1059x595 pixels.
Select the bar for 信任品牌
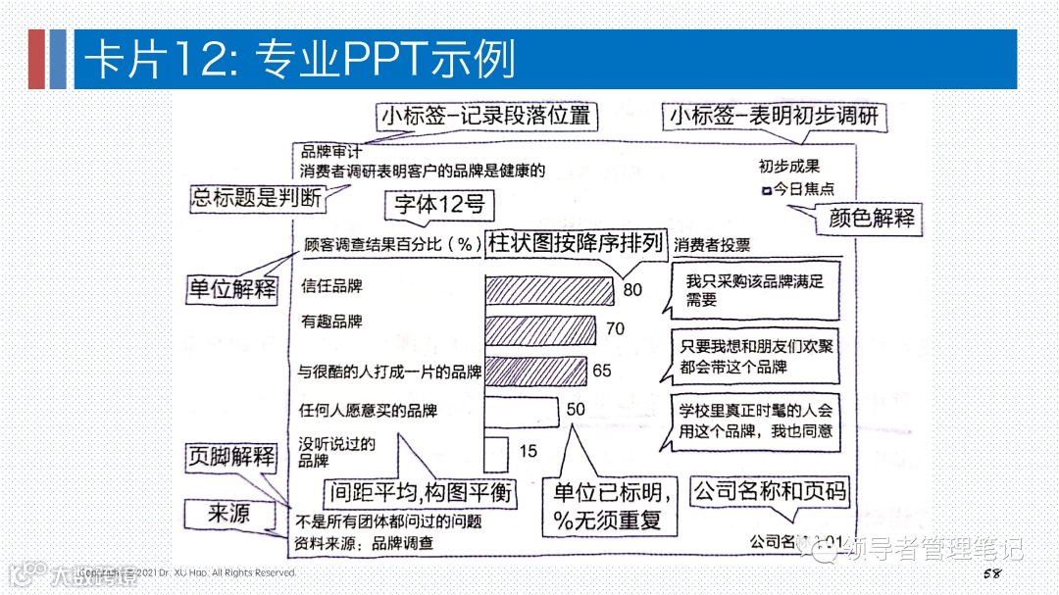(x=549, y=289)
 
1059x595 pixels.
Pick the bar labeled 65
(x=534, y=372)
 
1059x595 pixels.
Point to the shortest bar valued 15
(x=496, y=451)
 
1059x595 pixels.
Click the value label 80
(x=632, y=290)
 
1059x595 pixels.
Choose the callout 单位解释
(x=232, y=289)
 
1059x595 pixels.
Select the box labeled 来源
(x=228, y=513)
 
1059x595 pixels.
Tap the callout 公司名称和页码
(x=770, y=490)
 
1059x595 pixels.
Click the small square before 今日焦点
(x=767, y=189)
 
